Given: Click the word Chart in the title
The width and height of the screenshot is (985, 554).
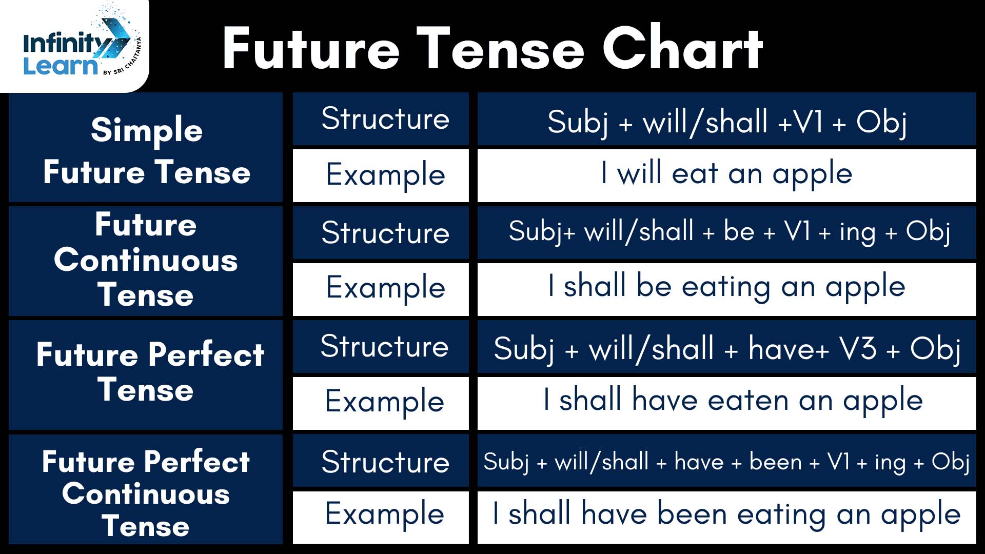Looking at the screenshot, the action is click(x=682, y=48).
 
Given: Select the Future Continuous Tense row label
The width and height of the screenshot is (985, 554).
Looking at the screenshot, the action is click(x=146, y=260).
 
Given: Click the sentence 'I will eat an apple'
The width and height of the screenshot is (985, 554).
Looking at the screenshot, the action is click(x=726, y=174).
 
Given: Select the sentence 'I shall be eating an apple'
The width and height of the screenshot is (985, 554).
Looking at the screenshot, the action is click(x=726, y=287).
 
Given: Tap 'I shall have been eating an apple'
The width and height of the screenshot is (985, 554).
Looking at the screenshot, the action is click(x=726, y=515).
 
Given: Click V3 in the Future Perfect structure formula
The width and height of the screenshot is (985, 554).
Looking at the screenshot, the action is click(x=858, y=349).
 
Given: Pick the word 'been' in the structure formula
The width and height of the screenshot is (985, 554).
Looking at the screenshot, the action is click(x=775, y=462).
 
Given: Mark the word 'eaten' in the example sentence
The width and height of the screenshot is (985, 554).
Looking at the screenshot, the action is click(x=748, y=400).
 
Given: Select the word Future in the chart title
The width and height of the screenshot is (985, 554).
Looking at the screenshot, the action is click(x=311, y=48).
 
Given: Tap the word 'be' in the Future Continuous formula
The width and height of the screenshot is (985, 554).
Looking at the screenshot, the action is click(x=739, y=231).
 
